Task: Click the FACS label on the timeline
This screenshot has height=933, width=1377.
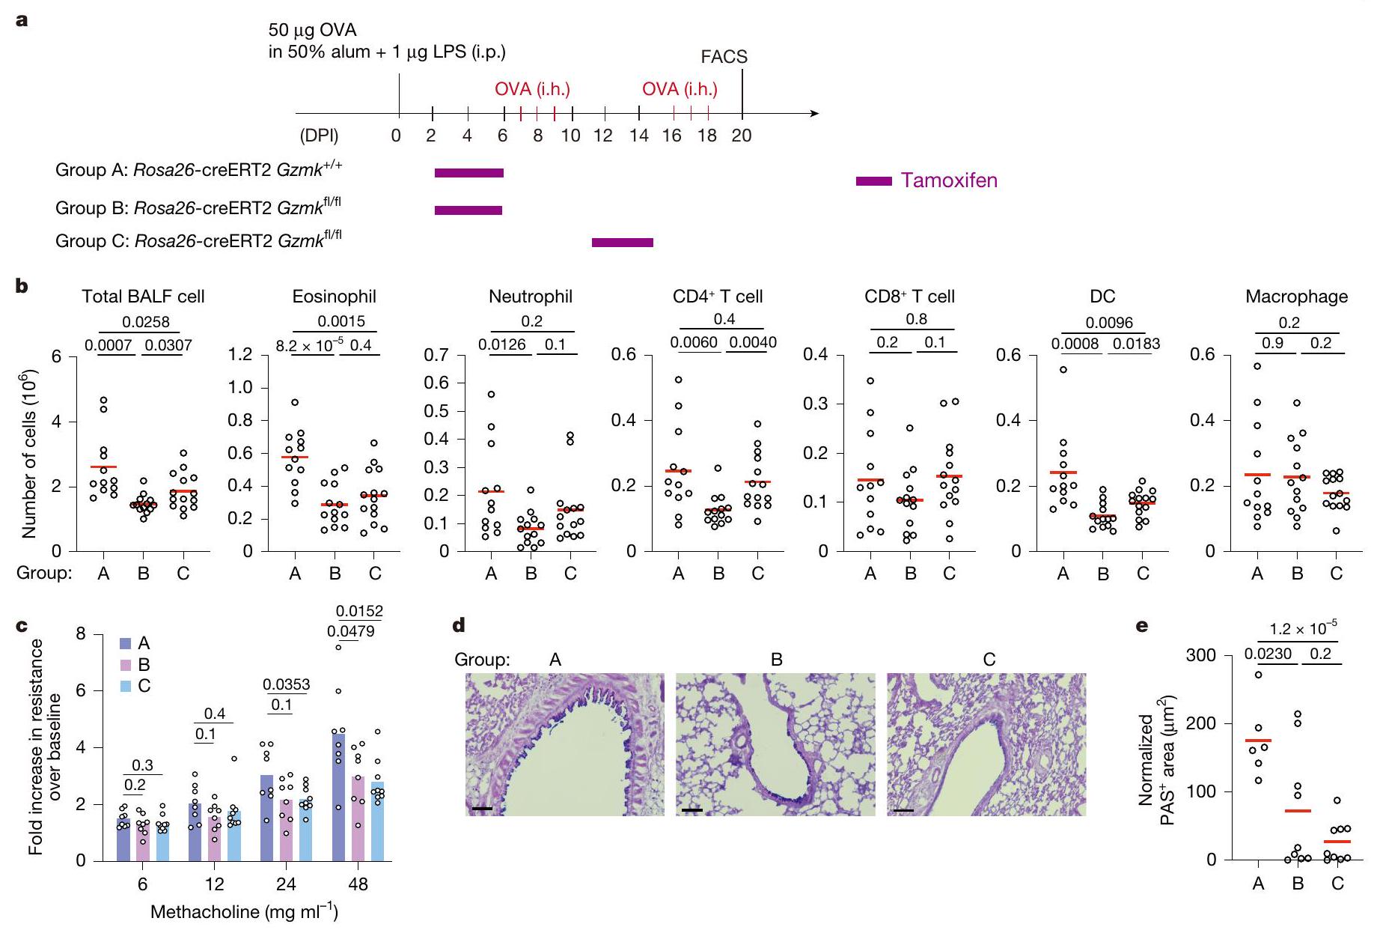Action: coord(724,57)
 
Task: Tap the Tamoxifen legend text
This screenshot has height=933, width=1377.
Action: coord(949,180)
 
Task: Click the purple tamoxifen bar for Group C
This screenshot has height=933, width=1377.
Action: coord(622,242)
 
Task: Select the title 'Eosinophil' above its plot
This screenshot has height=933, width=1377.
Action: coord(334,297)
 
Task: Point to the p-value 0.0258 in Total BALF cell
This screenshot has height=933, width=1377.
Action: coord(146,322)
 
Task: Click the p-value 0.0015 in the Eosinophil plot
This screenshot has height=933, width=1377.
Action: coord(341,321)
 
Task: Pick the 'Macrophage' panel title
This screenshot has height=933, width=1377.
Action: coord(1296,297)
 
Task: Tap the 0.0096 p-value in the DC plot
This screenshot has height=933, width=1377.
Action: coord(1109,323)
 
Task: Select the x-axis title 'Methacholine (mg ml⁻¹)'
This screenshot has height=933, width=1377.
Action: coord(245,912)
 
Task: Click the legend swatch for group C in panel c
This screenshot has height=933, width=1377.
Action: coord(126,686)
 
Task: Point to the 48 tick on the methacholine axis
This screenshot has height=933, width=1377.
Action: coord(358,884)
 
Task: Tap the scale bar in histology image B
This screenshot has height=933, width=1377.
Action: coord(692,809)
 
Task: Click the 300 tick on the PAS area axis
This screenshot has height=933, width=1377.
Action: coord(1201,656)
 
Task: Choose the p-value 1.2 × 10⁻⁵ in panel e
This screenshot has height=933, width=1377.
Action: coord(1303,629)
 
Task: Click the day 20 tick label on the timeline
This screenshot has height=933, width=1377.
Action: coord(741,136)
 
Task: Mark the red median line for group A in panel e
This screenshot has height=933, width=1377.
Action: coord(1258,741)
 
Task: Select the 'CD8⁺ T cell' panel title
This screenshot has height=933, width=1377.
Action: coord(909,297)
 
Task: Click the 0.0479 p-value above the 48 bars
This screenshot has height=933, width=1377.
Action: coord(351,631)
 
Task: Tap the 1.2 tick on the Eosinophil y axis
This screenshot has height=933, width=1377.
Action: coord(240,354)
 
